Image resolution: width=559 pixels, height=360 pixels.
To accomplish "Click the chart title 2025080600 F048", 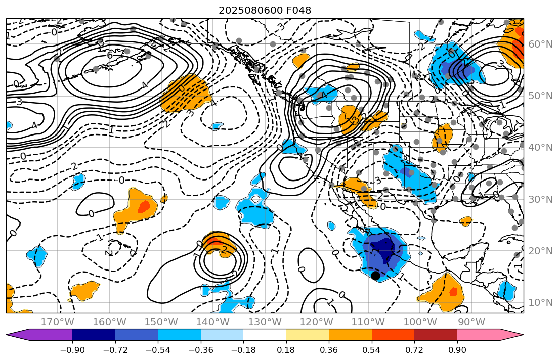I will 265,10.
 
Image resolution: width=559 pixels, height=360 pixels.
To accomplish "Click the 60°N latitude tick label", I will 541,44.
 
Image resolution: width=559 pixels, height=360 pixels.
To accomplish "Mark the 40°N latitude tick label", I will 541,148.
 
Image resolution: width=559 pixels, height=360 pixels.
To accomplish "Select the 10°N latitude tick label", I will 541,303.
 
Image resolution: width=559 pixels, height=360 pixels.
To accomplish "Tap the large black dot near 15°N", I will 375,276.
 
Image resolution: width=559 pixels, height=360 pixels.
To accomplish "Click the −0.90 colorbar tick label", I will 72,350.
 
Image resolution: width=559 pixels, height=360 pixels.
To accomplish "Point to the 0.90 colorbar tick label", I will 457,350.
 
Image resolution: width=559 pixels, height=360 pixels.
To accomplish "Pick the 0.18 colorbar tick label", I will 286,350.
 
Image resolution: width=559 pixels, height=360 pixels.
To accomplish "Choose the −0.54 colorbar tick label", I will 158,350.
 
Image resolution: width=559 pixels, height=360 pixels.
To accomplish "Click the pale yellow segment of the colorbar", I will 308,335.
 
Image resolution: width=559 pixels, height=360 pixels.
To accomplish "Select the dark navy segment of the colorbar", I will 94,335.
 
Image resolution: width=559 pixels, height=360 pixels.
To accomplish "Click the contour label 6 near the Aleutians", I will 110,56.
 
